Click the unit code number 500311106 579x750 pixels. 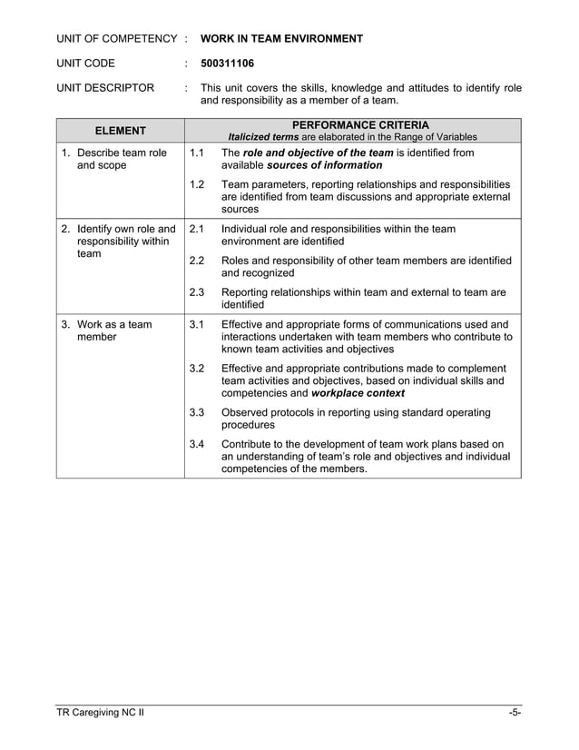click(x=227, y=64)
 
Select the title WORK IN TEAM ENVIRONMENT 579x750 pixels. click(x=281, y=38)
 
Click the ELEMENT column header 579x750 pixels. click(x=121, y=131)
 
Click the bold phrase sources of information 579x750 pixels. click(x=324, y=165)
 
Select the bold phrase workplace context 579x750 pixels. click(x=358, y=393)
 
